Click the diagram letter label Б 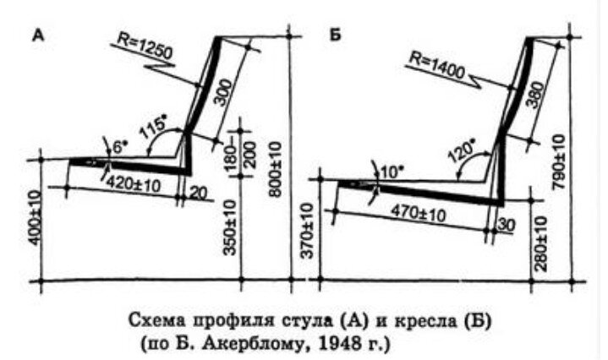point(334,37)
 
